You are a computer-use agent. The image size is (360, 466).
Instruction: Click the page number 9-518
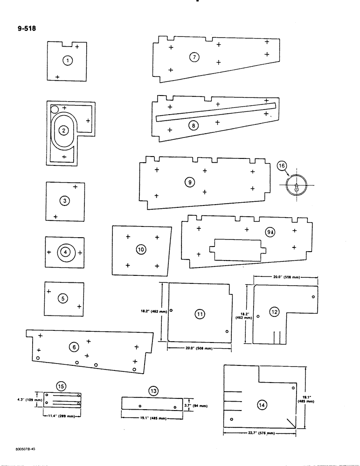[x=25, y=28]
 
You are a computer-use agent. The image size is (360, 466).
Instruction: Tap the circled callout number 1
[x=68, y=60]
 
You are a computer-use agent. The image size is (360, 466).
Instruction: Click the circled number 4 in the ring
[x=66, y=252]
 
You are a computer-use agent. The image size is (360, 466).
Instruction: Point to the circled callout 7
[x=194, y=57]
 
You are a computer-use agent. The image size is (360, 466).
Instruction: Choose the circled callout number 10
[x=141, y=250]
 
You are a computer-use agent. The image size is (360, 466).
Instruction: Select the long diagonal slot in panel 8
[x=217, y=112]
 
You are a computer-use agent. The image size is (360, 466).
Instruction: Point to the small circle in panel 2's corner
[x=54, y=110]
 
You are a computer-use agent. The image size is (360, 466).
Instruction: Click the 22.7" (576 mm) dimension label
[x=259, y=433]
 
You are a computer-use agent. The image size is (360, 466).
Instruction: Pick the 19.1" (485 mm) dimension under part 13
[x=152, y=418]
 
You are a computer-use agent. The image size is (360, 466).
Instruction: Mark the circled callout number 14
[x=262, y=405]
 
